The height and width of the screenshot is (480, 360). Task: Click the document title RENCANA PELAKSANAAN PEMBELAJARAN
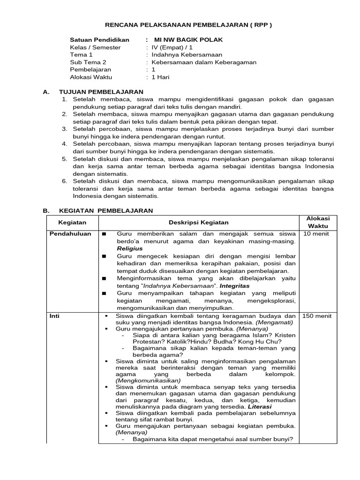pyautogui.click(x=188, y=25)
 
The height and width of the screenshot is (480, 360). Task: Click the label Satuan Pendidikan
pyautogui.click(x=99, y=40)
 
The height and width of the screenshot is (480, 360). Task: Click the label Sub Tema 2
pyautogui.click(x=88, y=62)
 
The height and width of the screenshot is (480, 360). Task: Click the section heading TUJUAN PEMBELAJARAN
pyautogui.click(x=101, y=92)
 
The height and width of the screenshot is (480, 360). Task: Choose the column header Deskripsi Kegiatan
pyautogui.click(x=199, y=223)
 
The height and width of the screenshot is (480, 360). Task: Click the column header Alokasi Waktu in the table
pyautogui.click(x=318, y=222)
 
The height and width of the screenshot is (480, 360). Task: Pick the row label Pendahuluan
pyautogui.click(x=70, y=234)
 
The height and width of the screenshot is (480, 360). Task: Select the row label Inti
pyautogui.click(x=55, y=316)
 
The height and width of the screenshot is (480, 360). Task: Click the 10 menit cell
pyautogui.click(x=316, y=234)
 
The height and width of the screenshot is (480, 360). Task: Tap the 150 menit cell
pyautogui.click(x=317, y=316)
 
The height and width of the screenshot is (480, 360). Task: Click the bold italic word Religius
pyautogui.click(x=130, y=248)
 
